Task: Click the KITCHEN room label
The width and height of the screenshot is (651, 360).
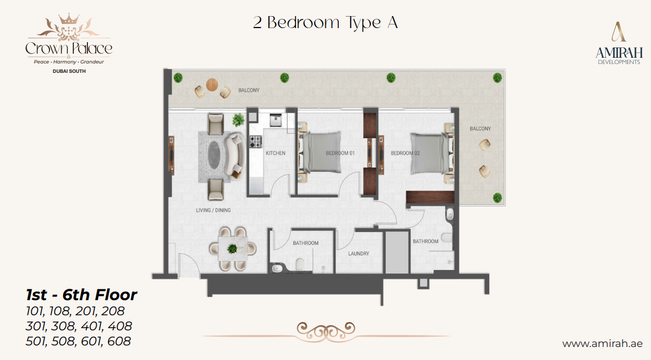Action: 275,153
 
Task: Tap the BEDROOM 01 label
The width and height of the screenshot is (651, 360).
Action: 340,153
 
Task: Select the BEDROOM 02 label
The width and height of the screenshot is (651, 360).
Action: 405,153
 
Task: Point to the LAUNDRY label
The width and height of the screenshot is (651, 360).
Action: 359,254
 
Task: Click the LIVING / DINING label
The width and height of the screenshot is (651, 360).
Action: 213,210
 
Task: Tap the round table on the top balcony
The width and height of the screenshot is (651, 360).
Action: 212,84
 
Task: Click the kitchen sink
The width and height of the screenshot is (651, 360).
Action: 275,120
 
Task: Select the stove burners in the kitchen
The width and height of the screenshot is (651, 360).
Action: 256,139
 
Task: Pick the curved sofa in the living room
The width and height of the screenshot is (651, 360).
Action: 236,154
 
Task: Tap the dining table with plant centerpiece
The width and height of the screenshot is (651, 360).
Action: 232,249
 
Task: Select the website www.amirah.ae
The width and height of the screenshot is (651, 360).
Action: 602,344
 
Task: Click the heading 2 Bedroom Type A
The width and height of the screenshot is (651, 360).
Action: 325,23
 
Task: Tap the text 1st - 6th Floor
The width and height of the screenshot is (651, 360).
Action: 82,295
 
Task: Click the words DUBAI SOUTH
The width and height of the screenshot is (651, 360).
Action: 69,71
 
